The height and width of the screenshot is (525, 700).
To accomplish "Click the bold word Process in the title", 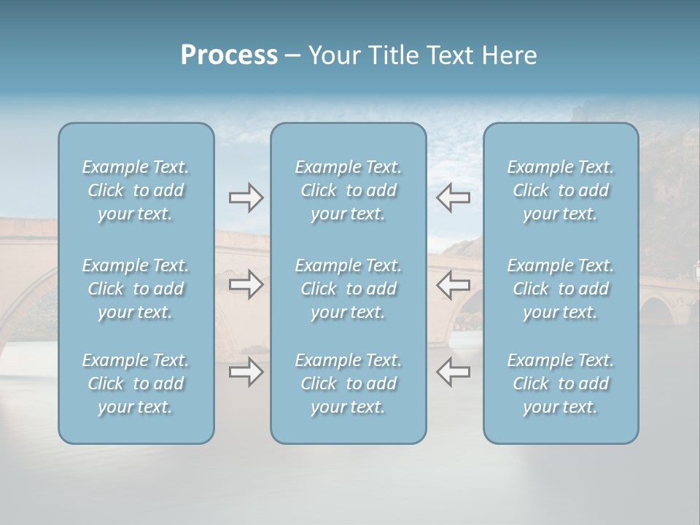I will pyautogui.click(x=229, y=55).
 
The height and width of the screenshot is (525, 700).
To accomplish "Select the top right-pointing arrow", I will pyautogui.click(x=246, y=198).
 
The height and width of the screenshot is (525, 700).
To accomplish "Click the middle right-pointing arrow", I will pyautogui.click(x=246, y=284).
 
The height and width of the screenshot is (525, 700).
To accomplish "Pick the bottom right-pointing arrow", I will pyautogui.click(x=246, y=372).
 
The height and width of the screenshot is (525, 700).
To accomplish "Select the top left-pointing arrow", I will pyautogui.click(x=454, y=198).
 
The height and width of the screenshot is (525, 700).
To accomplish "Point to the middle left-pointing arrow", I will pyautogui.click(x=454, y=284).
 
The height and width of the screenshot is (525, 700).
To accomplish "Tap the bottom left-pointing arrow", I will pyautogui.click(x=454, y=372).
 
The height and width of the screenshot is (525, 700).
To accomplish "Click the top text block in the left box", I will pyautogui.click(x=136, y=190).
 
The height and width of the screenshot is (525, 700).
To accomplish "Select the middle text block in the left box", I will pyautogui.click(x=136, y=289).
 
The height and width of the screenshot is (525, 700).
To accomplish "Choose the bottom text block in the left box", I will pyautogui.click(x=136, y=384).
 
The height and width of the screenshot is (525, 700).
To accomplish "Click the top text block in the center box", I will pyautogui.click(x=348, y=190).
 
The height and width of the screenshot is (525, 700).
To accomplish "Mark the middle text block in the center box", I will pyautogui.click(x=348, y=289).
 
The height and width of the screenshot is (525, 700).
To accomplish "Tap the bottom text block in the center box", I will pyautogui.click(x=348, y=384).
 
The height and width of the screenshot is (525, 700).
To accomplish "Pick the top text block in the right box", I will pyautogui.click(x=560, y=190).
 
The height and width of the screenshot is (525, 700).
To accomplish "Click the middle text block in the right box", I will pyautogui.click(x=560, y=289).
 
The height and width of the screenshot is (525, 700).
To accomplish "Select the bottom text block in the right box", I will pyautogui.click(x=560, y=384).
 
